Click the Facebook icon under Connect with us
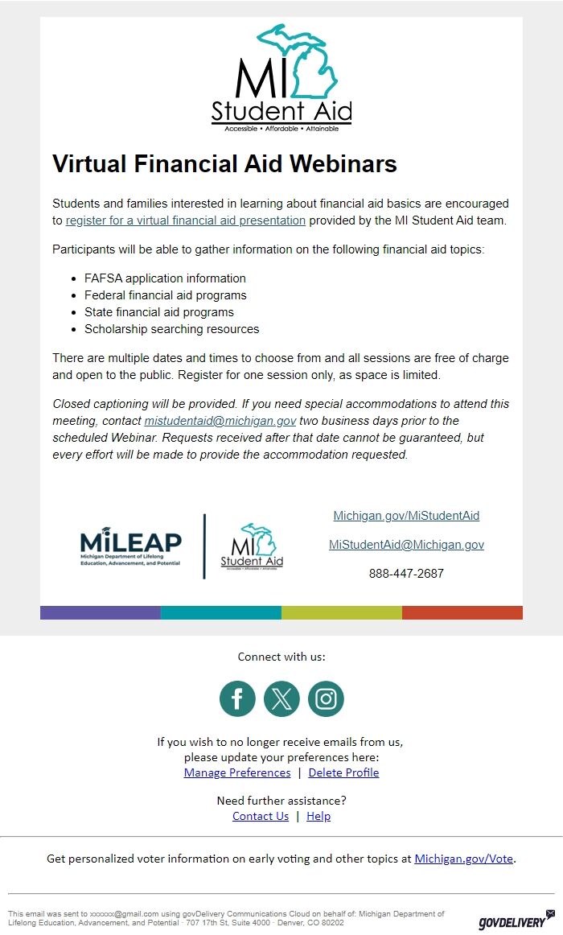(237, 698)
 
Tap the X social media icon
(281, 698)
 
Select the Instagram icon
(326, 698)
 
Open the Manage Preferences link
(237, 772)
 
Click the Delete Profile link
(343, 772)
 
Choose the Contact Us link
(261, 816)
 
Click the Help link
(318, 816)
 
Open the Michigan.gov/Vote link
(463, 859)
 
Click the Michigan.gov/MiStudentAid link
(406, 516)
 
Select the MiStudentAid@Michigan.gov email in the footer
(406, 545)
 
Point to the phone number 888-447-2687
(406, 574)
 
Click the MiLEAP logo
(131, 547)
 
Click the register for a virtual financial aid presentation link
(186, 220)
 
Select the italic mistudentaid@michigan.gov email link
(220, 421)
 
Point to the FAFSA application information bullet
(165, 278)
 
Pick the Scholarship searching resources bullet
(171, 329)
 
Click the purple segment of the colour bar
(101, 612)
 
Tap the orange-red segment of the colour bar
(462, 612)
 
